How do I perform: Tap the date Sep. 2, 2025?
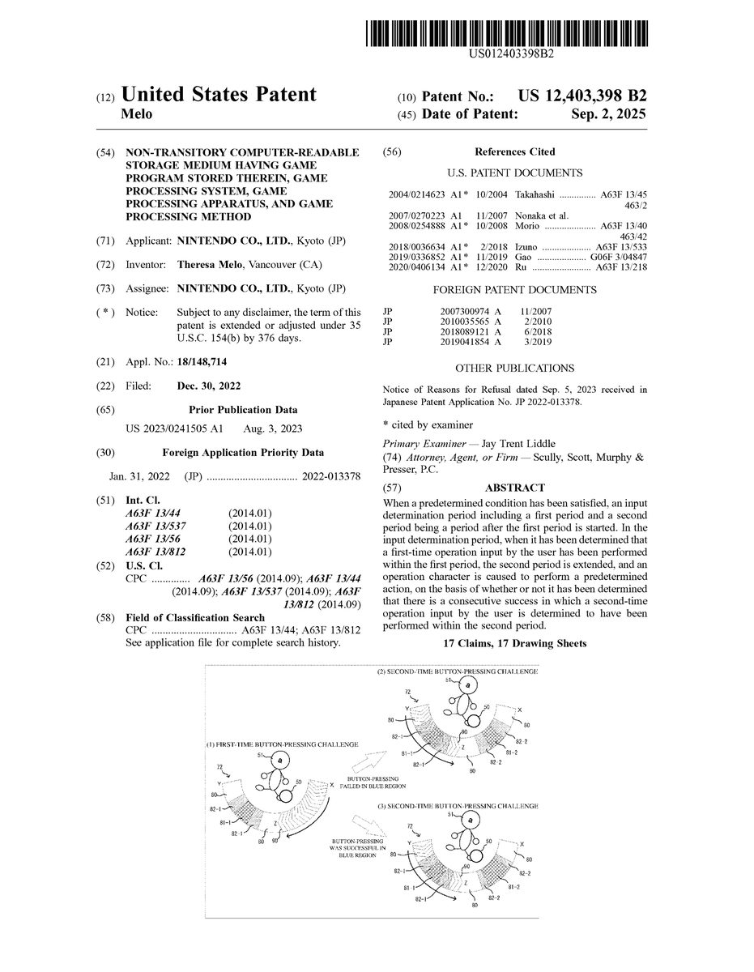(607, 115)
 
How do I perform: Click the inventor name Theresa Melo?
(207, 265)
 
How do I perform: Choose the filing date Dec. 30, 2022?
(208, 386)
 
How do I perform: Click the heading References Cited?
(515, 151)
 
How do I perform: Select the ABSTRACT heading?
(514, 488)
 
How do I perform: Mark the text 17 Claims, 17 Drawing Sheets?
(514, 643)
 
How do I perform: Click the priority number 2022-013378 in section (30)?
(330, 476)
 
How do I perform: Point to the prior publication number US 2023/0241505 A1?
(175, 428)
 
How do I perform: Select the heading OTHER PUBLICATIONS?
(514, 368)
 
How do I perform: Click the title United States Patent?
(219, 95)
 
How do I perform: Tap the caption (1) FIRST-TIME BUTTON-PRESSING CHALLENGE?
(283, 744)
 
